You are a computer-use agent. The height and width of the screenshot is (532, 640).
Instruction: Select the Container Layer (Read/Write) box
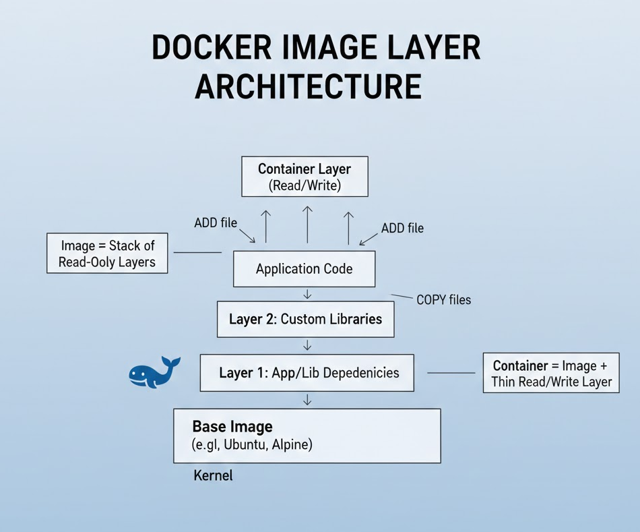pyautogui.click(x=305, y=177)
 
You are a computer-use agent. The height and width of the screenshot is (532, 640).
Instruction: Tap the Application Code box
pyautogui.click(x=304, y=269)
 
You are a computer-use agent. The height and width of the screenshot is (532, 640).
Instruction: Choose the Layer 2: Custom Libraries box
pyautogui.click(x=305, y=319)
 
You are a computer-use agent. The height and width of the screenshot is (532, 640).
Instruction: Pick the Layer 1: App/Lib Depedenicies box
pyautogui.click(x=307, y=373)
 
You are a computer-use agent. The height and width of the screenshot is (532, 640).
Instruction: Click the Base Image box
pyautogui.click(x=307, y=436)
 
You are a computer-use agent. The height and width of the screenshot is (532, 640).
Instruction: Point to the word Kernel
pyautogui.click(x=213, y=475)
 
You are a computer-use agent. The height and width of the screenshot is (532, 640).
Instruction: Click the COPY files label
pyautogui.click(x=443, y=299)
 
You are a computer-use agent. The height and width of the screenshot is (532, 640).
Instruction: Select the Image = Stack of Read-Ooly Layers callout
pyautogui.click(x=107, y=254)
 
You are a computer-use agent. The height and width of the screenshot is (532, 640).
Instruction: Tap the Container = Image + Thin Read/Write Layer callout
pyautogui.click(x=551, y=374)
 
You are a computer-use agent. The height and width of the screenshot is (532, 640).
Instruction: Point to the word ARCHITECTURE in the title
pyautogui.click(x=309, y=88)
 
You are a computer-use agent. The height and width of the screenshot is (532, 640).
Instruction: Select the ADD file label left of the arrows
pyautogui.click(x=216, y=223)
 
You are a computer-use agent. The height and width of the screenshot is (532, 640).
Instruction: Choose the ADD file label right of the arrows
pyautogui.click(x=402, y=228)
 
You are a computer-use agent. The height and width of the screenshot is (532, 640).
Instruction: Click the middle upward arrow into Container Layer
pyautogui.click(x=307, y=224)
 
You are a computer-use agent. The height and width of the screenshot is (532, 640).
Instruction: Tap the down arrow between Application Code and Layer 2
pyautogui.click(x=307, y=294)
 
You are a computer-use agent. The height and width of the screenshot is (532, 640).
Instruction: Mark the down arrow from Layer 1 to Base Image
pyautogui.click(x=307, y=400)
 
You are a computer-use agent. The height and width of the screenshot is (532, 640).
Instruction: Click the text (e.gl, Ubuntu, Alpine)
pyautogui.click(x=253, y=445)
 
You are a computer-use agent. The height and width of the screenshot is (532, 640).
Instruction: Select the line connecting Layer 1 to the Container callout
pyautogui.click(x=451, y=373)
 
